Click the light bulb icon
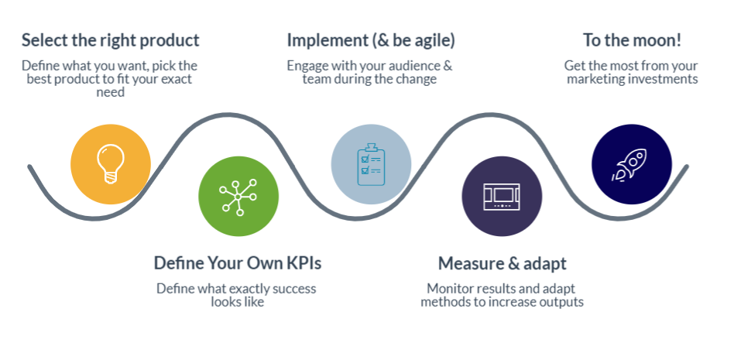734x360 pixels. tap(111, 164)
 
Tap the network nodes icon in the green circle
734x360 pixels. tap(238, 197)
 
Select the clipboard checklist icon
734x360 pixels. tap(371, 164)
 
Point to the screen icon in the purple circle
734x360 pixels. tap(502, 197)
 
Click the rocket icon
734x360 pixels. tap(629, 165)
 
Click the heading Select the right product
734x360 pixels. tap(111, 41)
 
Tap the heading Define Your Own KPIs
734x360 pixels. tap(238, 263)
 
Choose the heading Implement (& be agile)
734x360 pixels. tap(371, 41)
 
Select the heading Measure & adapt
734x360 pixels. tap(502, 263)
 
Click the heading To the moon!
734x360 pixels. tap(632, 41)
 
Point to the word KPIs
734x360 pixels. tap(304, 263)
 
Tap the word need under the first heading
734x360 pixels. tap(111, 93)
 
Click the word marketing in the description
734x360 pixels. tap(592, 79)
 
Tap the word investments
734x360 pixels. tap(660, 79)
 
